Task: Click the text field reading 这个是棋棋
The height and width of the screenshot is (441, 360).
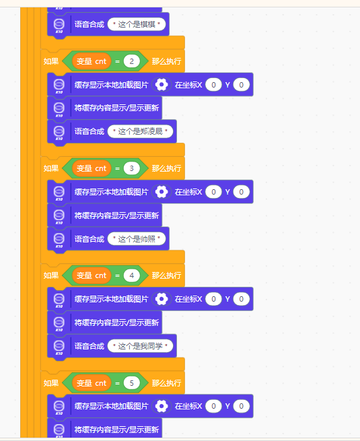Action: point(137,24)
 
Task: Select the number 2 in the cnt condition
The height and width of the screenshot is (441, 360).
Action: point(131,61)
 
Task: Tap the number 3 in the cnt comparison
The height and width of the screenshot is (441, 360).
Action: point(131,168)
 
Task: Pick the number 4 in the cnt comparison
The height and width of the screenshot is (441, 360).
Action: point(131,275)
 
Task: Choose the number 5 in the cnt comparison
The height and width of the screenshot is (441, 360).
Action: point(131,383)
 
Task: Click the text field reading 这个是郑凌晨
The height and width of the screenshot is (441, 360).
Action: point(140,131)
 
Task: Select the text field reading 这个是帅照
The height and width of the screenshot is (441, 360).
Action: point(137,239)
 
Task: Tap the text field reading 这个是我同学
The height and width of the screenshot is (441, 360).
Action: point(140,346)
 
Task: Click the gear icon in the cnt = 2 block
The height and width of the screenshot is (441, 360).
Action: point(161,85)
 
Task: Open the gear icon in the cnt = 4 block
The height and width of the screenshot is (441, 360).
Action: point(161,299)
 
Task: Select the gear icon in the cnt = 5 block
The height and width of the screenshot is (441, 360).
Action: point(161,406)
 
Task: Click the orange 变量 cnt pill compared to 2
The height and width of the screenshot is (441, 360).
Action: point(92,61)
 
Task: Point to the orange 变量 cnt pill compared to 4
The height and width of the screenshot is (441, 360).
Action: point(92,275)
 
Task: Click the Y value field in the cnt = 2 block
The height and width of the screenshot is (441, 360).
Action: point(242,85)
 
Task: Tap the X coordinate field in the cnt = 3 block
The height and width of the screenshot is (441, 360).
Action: point(213,192)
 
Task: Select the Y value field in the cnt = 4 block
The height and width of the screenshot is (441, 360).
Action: point(242,299)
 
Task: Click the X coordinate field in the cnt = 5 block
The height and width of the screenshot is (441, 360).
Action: point(213,406)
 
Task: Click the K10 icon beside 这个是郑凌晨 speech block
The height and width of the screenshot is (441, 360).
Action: point(59,132)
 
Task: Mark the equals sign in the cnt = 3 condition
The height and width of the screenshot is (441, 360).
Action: point(118,169)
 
